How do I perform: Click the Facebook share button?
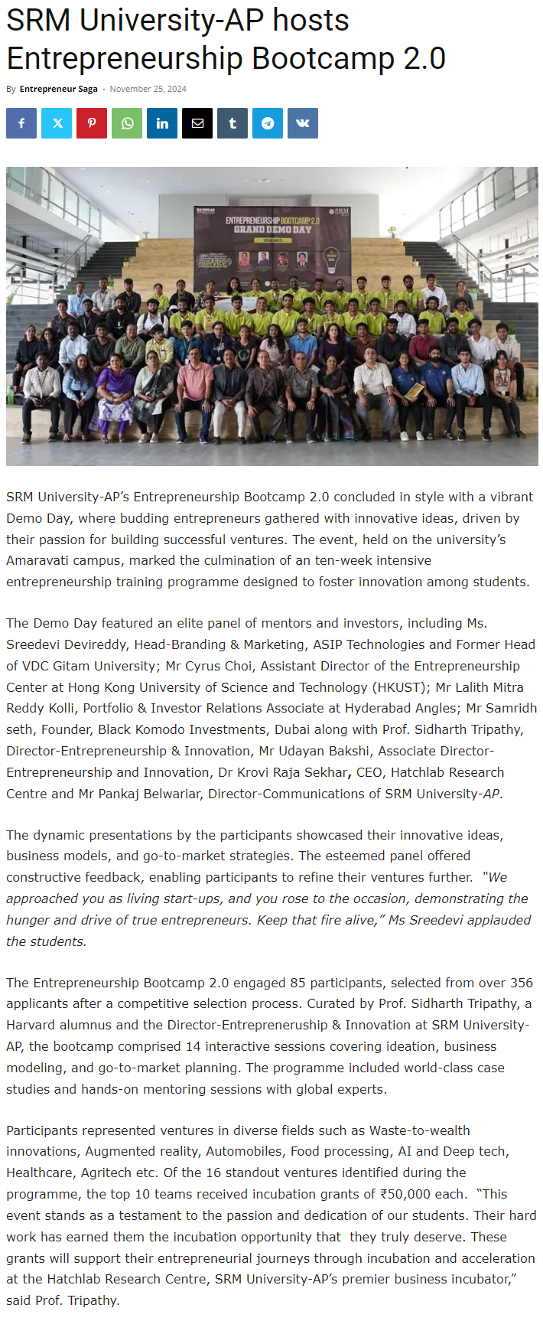21,123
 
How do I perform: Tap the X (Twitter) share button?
57,123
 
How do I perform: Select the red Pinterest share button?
92,123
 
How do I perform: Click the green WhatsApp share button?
127,123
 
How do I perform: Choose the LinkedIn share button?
162,123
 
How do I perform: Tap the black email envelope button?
197,123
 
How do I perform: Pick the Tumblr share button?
232,123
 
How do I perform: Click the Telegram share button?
268,123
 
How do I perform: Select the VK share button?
303,123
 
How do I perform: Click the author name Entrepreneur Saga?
58,89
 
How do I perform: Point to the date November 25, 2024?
148,89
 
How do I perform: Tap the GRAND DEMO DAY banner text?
272,229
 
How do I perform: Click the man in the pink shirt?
194,387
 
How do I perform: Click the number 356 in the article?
521,982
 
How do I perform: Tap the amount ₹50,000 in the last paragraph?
413,1194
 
